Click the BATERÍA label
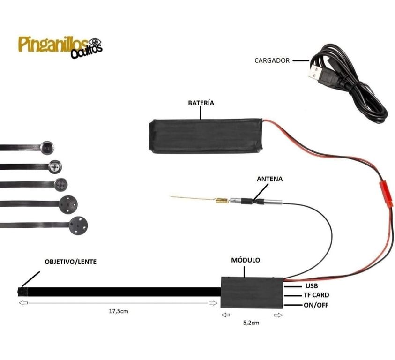(201, 103)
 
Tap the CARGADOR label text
(272, 60)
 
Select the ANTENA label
(269, 179)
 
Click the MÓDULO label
(246, 260)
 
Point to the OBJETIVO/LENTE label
(71, 262)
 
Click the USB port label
(312, 286)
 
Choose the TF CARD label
(316, 295)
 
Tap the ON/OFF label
(316, 305)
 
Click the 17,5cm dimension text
(119, 311)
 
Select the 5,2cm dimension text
(251, 322)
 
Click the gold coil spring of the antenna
(222, 200)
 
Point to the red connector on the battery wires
(386, 194)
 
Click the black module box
(252, 292)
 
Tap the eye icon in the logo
(95, 42)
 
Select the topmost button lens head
(47, 148)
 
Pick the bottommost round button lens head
(78, 225)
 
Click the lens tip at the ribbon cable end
(22, 292)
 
